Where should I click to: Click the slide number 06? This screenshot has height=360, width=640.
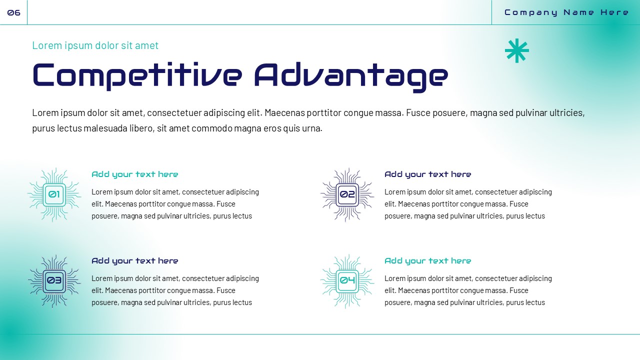[13, 12]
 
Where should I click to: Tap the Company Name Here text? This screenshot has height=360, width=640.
[566, 12]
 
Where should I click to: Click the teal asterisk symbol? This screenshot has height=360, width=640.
[516, 50]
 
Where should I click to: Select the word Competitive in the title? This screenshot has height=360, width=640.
[137, 75]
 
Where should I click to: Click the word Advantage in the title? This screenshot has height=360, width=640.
[351, 75]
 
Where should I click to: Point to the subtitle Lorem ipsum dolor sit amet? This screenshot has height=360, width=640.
[95, 45]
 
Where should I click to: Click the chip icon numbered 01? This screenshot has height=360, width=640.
[54, 194]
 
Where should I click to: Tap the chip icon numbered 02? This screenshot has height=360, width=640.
[347, 194]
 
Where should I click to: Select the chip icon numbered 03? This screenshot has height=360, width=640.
[54, 280]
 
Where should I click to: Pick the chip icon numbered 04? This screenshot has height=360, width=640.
[347, 280]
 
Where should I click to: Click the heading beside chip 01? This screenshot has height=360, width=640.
[134, 174]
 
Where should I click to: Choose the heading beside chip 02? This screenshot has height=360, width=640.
[427, 174]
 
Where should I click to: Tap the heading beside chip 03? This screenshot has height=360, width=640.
[134, 261]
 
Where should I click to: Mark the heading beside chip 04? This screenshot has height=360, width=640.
[427, 261]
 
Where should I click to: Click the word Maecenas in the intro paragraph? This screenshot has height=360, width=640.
[284, 113]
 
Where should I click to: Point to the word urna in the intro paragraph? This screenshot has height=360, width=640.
[311, 128]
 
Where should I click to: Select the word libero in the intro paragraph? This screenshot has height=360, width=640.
[141, 128]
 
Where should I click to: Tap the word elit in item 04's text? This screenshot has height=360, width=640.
[390, 290]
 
